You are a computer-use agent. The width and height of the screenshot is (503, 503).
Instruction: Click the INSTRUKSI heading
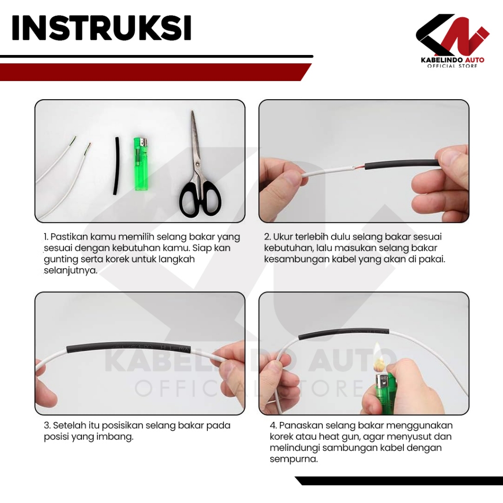tap(101, 28)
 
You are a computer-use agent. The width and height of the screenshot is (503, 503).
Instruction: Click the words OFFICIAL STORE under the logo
tap(452, 66)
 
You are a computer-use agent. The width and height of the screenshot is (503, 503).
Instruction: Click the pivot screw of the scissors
tap(197, 164)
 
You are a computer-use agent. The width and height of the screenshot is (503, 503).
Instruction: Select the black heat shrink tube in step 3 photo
tap(128, 347)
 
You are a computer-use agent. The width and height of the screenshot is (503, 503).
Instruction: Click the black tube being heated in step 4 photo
tap(343, 334)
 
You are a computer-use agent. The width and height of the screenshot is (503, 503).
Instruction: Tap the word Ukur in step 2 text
tap(282, 237)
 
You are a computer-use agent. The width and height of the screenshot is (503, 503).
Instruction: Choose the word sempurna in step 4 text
tap(294, 459)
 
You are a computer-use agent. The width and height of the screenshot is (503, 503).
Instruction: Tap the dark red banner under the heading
tap(156, 72)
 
